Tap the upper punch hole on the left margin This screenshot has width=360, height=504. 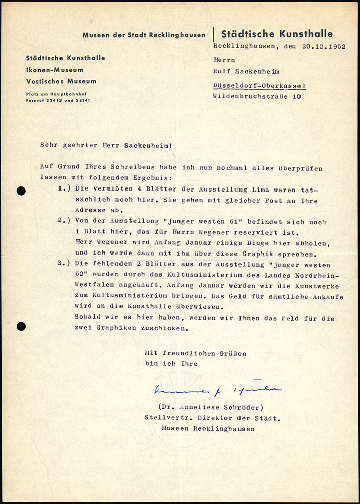21,191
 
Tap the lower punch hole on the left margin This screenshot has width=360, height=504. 21,326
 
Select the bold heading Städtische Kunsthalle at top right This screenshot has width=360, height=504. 277,34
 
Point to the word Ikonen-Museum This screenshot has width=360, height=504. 55,70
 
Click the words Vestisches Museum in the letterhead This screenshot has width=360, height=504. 62,81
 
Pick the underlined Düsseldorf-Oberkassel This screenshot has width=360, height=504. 259,86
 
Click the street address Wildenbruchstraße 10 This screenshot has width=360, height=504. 257,96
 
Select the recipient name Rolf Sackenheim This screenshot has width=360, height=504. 249,71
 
